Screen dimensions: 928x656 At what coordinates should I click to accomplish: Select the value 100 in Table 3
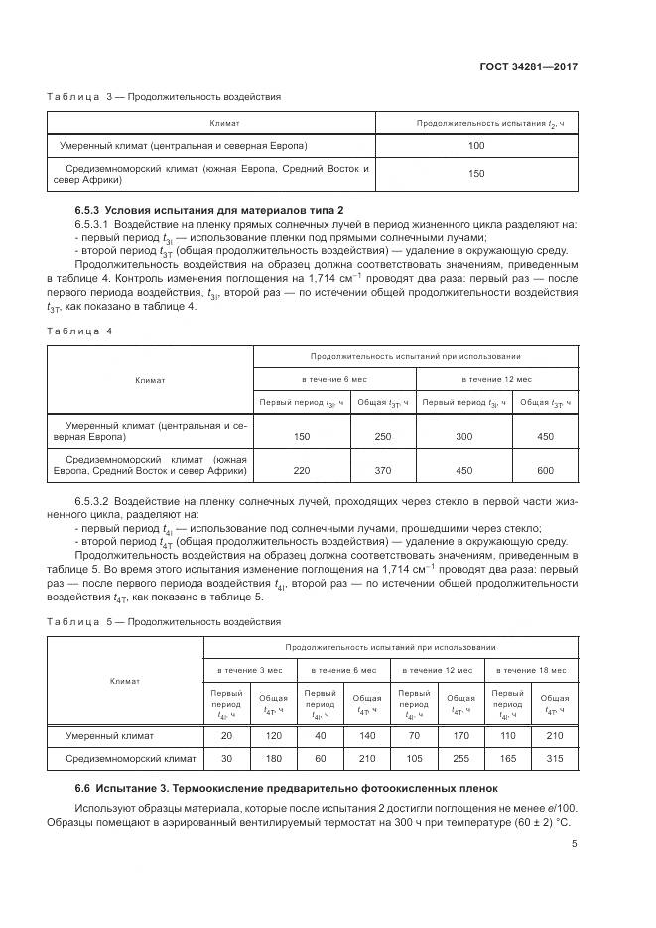(475, 146)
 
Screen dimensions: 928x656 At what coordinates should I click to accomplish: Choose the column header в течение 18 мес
(531, 671)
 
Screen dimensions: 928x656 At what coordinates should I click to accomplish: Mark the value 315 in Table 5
(555, 759)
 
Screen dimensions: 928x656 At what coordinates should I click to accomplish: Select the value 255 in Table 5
(460, 759)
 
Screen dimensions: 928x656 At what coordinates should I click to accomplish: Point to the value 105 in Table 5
(414, 759)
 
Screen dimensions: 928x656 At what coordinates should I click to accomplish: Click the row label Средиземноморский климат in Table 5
(130, 759)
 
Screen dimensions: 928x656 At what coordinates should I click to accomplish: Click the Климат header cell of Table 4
(150, 380)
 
